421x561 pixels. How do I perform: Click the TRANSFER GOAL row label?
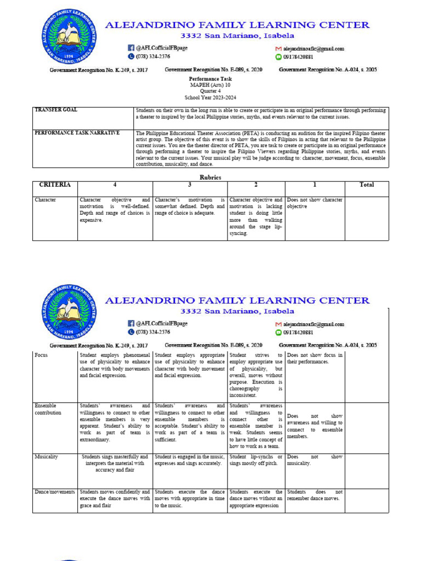tap(56, 110)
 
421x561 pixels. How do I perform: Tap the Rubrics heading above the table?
tap(210, 177)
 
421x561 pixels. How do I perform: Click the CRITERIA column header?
tap(55, 185)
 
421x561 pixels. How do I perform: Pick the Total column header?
tap(366, 185)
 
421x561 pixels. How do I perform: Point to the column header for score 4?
tap(115, 185)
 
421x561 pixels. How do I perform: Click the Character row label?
tap(45, 200)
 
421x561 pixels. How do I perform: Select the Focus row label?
tap(41, 356)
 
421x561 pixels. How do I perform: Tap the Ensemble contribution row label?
tap(48, 409)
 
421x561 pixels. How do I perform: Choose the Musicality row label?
tap(46, 457)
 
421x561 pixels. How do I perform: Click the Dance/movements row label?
tap(54, 492)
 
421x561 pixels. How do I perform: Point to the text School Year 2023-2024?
tap(210, 97)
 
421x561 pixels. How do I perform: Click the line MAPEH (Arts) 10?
tap(210, 85)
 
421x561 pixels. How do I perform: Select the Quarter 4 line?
tap(210, 91)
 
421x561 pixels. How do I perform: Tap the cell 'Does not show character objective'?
tap(315, 203)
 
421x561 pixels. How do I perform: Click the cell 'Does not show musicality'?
tap(315, 460)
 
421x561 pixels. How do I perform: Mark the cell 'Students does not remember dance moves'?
tap(315, 495)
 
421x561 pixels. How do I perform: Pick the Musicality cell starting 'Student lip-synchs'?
tap(256, 460)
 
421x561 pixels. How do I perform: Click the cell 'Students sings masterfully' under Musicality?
tap(115, 463)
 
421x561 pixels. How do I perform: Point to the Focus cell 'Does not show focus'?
tap(315, 358)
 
